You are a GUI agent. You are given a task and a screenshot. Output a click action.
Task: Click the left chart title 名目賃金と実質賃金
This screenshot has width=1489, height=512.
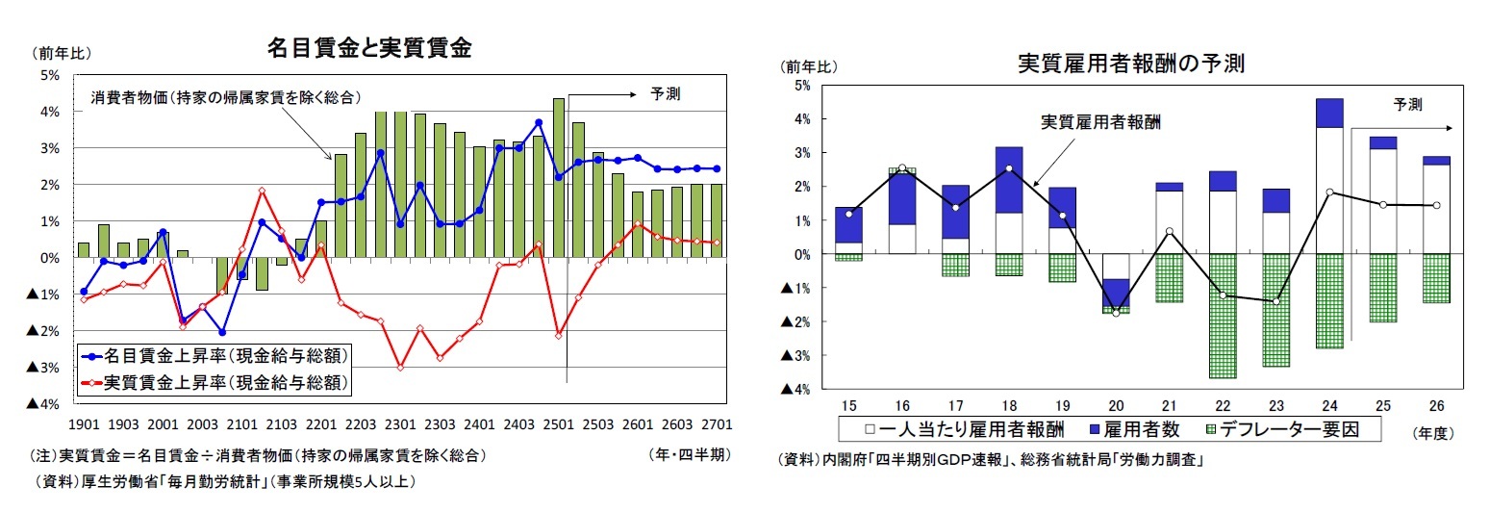[368, 48]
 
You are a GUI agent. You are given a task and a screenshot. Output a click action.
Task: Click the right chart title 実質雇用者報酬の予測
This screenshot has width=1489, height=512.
[1131, 64]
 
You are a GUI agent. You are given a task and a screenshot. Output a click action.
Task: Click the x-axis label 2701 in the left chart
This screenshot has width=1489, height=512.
[718, 423]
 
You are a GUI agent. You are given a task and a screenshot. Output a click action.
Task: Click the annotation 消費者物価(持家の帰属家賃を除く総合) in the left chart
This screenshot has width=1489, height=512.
[226, 98]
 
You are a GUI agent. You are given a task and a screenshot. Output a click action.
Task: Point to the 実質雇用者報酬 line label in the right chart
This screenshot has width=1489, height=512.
[1101, 123]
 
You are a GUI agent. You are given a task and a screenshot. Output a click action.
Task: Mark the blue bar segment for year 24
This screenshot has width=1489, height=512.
[1329, 113]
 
